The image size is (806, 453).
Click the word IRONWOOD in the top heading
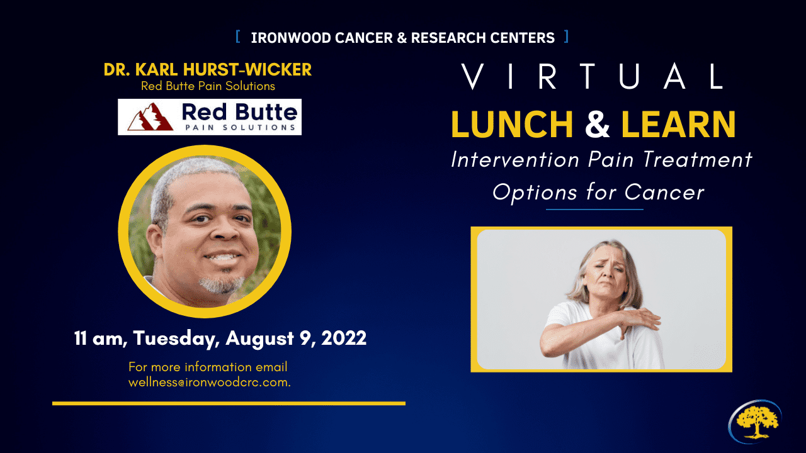(291, 38)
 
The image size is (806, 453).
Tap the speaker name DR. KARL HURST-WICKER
(208, 69)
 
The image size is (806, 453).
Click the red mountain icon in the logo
(150, 117)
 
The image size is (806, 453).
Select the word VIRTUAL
(592, 76)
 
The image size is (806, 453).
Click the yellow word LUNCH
(512, 124)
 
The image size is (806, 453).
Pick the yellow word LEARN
(678, 124)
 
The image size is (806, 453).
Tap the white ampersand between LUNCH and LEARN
(598, 124)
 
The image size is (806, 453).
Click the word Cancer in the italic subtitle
(664, 192)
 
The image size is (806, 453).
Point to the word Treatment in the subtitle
(697, 159)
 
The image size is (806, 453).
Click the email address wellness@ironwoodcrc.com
(210, 382)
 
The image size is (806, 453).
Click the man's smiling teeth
(222, 257)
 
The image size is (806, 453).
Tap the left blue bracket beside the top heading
(238, 36)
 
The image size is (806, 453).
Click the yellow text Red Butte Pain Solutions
(208, 86)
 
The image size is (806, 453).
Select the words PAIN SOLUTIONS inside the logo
(241, 127)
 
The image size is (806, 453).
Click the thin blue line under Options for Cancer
(594, 209)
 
